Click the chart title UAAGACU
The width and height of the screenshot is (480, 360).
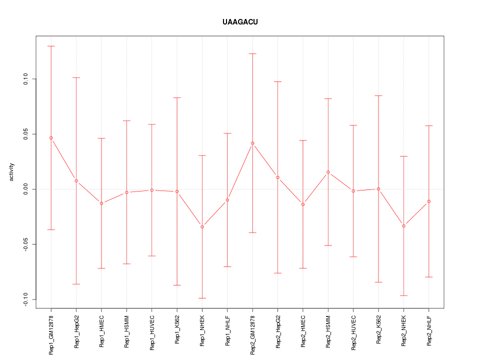[x=240, y=22]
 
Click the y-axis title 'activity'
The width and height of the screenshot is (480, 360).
[x=12, y=172]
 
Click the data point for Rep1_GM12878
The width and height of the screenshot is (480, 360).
[x=51, y=138]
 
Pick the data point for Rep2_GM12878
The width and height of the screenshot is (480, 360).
[x=252, y=143]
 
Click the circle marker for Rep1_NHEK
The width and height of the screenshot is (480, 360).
[x=202, y=227]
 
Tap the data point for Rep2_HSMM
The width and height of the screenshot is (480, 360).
[x=328, y=172]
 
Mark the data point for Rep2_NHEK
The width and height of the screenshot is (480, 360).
[x=403, y=226]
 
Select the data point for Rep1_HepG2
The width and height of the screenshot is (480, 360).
[x=76, y=180]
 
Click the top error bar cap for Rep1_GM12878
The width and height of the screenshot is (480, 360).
[x=51, y=46]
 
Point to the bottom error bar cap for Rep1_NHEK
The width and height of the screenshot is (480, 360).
[x=202, y=298]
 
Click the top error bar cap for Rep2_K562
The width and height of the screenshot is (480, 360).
[x=378, y=95]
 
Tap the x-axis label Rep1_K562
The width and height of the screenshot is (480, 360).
[x=177, y=329]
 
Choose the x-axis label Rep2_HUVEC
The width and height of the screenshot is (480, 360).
[x=353, y=332]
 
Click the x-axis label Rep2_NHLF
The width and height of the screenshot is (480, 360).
[x=429, y=330]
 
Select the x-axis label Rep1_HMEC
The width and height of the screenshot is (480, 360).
[x=101, y=330]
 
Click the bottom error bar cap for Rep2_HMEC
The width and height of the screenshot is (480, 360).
[x=303, y=268]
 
